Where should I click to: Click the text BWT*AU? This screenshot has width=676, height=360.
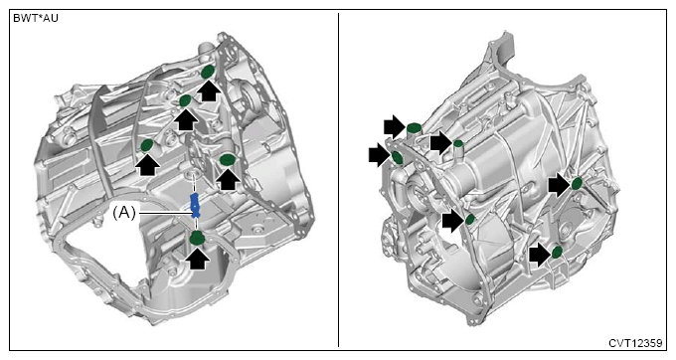pos(36,19)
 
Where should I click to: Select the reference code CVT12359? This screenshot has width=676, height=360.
pos(635,343)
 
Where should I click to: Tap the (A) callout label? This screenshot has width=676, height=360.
pos(124,213)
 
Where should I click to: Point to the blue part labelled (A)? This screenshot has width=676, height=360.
pos(195,205)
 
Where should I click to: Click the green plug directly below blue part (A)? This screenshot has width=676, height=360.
pos(198,238)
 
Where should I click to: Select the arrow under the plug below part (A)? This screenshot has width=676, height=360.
pos(198,259)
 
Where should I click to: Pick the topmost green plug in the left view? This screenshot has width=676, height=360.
pos(208,72)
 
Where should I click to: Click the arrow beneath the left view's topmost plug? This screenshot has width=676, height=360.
pos(209,90)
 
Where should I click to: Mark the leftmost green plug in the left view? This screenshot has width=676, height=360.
pos(147,146)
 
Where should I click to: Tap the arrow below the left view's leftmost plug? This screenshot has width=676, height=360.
pos(146,164)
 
